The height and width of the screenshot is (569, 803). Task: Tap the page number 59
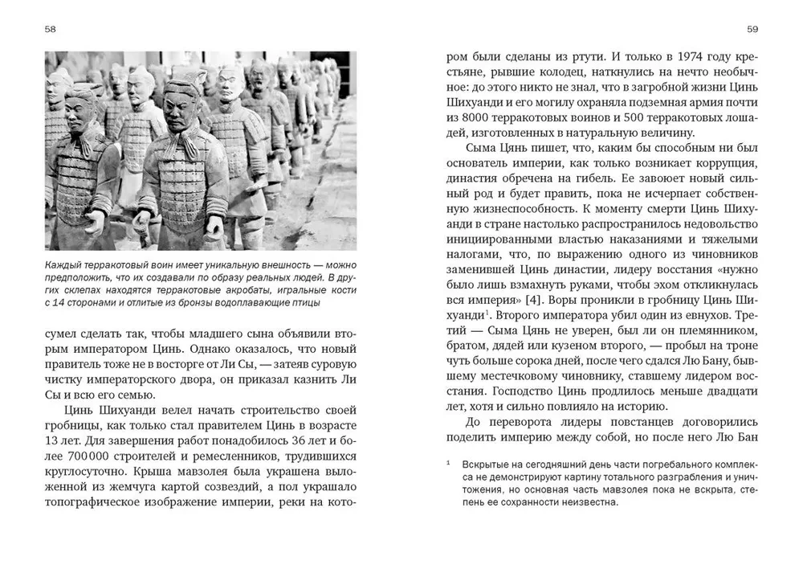(x=752, y=30)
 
